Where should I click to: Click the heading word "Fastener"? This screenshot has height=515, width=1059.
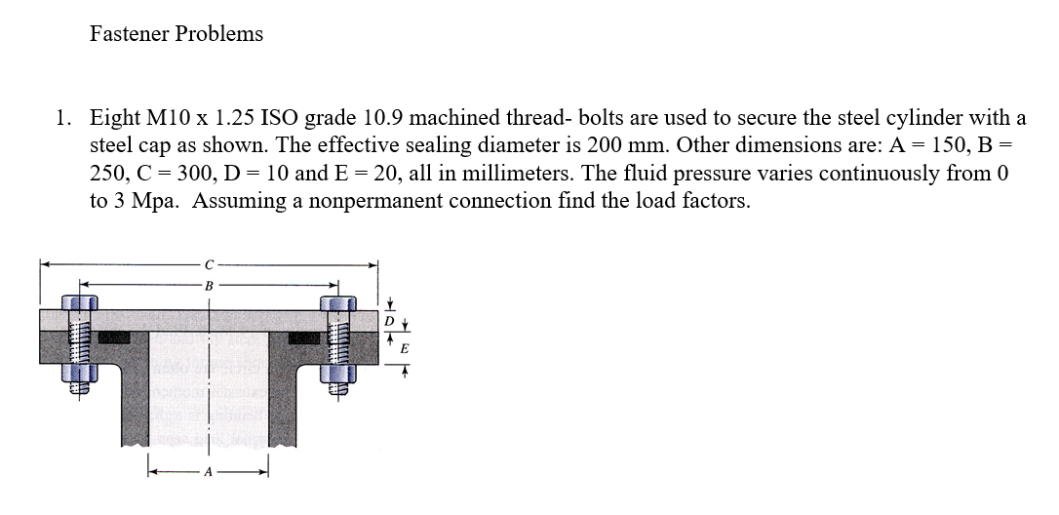(127, 34)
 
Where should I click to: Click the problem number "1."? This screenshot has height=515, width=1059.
(63, 119)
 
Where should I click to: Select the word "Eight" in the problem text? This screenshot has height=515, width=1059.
(114, 119)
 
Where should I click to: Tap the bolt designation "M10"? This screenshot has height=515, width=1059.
(168, 119)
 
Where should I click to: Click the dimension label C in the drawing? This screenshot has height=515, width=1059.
(209, 263)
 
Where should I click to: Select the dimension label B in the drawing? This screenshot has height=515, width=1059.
(209, 285)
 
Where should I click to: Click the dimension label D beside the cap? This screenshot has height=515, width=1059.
(389, 320)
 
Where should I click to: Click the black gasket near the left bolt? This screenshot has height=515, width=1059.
(115, 337)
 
